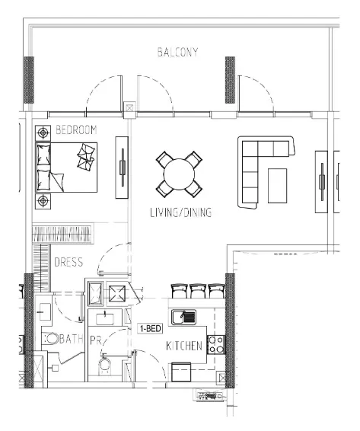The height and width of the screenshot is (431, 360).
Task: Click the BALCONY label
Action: click(x=177, y=52)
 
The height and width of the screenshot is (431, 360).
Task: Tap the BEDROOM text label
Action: click(x=76, y=129)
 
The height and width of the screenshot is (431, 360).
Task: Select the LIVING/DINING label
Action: click(x=181, y=212)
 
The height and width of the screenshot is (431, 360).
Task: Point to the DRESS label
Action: click(x=68, y=262)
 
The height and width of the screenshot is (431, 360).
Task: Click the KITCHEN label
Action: click(x=184, y=346)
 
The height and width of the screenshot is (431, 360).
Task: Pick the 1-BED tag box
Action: click(x=150, y=328)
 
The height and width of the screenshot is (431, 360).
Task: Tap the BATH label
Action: click(x=72, y=339)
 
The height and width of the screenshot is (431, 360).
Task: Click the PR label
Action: click(x=96, y=340)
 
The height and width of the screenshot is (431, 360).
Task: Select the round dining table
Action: click(x=179, y=174)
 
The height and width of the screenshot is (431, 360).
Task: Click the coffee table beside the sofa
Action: click(x=277, y=186)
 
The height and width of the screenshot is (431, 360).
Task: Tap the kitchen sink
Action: click(x=184, y=318)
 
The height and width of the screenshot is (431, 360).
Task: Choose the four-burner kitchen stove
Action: click(x=216, y=345)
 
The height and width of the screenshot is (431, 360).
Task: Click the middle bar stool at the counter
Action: click(x=197, y=291)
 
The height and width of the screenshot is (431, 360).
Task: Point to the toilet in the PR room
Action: click(x=105, y=365)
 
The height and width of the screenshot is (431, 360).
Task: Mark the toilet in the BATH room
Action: click(x=52, y=339)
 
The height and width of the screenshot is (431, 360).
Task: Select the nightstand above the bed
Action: click(x=43, y=133)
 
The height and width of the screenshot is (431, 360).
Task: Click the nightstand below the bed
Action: click(x=43, y=201)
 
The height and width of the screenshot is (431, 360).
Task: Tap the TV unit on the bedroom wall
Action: click(x=122, y=168)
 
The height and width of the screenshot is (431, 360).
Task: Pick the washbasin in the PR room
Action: click(x=105, y=319)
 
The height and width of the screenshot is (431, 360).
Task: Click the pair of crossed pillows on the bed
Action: click(x=86, y=156)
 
